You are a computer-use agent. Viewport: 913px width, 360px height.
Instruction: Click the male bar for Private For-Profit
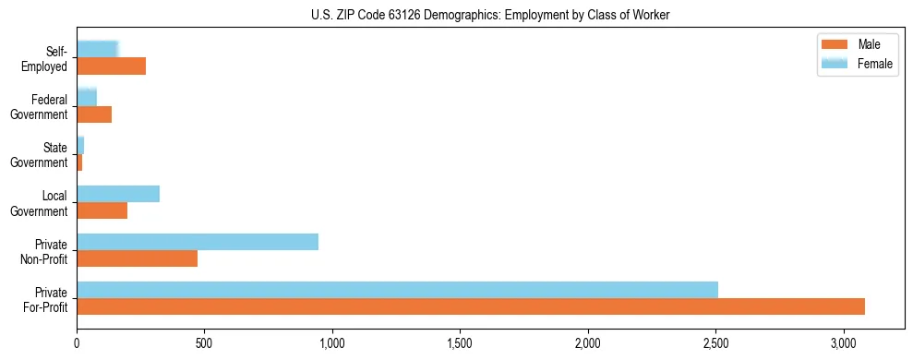[471, 306]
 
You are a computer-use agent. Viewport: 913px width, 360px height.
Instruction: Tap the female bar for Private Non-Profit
[198, 242]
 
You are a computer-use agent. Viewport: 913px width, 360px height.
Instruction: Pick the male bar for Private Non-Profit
[137, 258]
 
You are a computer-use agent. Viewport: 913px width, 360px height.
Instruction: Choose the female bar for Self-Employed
[97, 50]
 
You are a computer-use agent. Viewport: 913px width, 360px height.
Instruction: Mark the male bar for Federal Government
[94, 114]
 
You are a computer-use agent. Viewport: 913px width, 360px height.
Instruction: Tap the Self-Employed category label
[46, 59]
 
